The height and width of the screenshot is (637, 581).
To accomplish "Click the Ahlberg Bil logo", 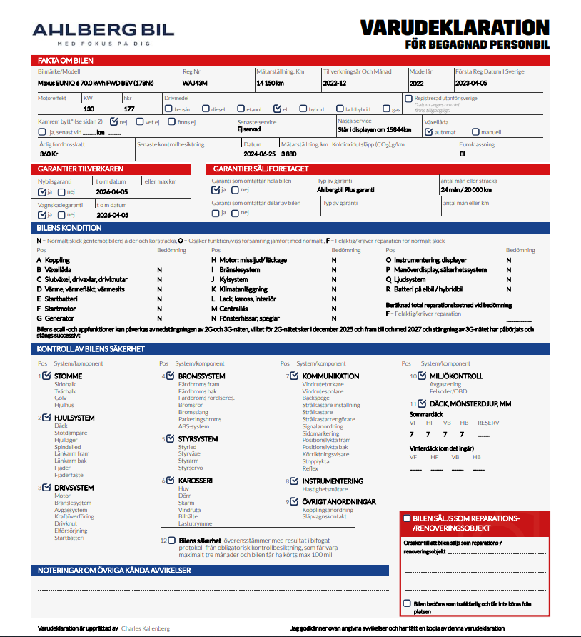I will [x=103, y=32].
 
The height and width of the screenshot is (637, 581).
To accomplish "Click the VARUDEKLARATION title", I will [x=455, y=28].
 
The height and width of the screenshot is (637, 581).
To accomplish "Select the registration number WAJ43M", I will [x=195, y=84].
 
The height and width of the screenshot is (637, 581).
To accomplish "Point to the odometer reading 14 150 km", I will [x=271, y=84].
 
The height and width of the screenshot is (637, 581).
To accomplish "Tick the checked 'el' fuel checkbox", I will [x=277, y=109].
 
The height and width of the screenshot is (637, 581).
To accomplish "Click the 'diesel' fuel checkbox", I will [x=206, y=109].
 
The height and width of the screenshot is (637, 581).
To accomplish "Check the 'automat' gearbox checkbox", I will [x=428, y=132].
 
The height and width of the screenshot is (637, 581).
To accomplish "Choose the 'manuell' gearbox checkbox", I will [x=476, y=132].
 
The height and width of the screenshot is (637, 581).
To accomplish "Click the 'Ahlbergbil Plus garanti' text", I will [x=345, y=191].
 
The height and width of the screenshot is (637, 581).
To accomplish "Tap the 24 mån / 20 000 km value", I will [x=467, y=191].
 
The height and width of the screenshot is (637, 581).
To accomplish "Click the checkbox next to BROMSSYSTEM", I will [x=170, y=376].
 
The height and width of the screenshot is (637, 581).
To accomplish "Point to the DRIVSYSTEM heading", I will [x=74, y=488].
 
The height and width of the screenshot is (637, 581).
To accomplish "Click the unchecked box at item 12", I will [x=172, y=541].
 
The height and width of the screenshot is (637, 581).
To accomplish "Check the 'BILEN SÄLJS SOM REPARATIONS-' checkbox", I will [x=406, y=518].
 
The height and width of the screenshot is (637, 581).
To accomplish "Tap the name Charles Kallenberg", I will [x=146, y=628].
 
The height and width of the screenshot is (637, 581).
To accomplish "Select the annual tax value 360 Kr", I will [x=49, y=154].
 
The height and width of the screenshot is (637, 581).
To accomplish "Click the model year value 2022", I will [x=416, y=84].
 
